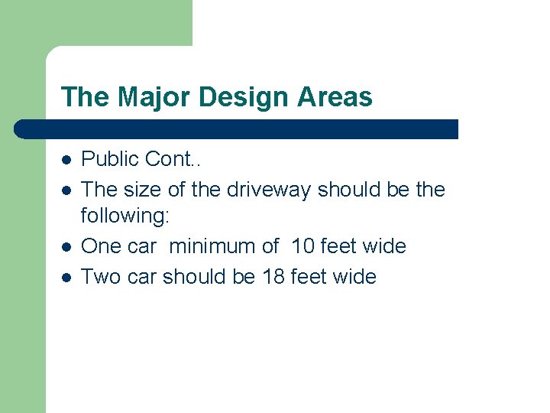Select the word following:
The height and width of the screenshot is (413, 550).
[x=125, y=217]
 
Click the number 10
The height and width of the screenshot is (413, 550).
[x=303, y=246]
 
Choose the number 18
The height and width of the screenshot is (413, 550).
[x=273, y=276]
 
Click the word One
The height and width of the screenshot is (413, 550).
[x=101, y=246]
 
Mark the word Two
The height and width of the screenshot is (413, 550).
[x=100, y=276]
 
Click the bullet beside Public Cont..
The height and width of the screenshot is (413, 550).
[x=66, y=161]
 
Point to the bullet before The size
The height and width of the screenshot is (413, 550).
[x=66, y=190]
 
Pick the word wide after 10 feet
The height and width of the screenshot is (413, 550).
[x=385, y=246]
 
